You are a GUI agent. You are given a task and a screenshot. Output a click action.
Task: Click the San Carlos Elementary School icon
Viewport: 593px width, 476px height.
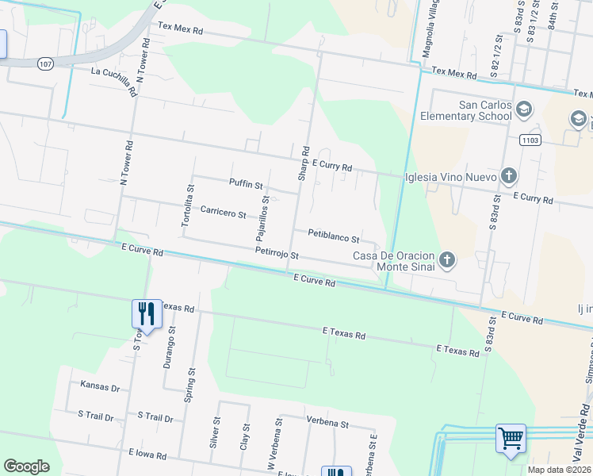click(x=523, y=109)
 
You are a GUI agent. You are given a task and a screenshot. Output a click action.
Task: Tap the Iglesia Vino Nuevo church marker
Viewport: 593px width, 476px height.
click(x=508, y=176)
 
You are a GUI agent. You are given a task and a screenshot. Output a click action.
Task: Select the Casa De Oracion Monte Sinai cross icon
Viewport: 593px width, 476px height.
click(x=447, y=260)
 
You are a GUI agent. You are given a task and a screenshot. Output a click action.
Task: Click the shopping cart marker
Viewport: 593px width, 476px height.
click(x=511, y=438)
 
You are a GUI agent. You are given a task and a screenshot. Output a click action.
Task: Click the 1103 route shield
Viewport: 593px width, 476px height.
click(x=530, y=140)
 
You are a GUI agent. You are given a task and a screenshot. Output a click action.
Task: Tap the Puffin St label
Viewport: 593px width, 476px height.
click(x=246, y=184)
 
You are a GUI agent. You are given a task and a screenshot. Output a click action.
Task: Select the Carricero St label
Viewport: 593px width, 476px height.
click(x=223, y=212)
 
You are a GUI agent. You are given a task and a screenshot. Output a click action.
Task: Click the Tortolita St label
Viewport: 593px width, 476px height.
click(x=188, y=206)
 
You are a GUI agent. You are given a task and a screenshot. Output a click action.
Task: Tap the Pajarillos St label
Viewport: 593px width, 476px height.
click(x=263, y=219)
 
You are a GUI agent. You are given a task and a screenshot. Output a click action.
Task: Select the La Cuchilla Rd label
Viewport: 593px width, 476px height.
click(x=113, y=82)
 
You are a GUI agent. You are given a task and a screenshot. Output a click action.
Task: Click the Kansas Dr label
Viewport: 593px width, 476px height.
click(x=100, y=387)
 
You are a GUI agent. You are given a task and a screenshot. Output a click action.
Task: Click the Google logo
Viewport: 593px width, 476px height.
click(x=26, y=466)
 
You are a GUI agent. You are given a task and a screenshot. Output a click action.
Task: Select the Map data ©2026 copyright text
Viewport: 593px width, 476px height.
click(x=559, y=470)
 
